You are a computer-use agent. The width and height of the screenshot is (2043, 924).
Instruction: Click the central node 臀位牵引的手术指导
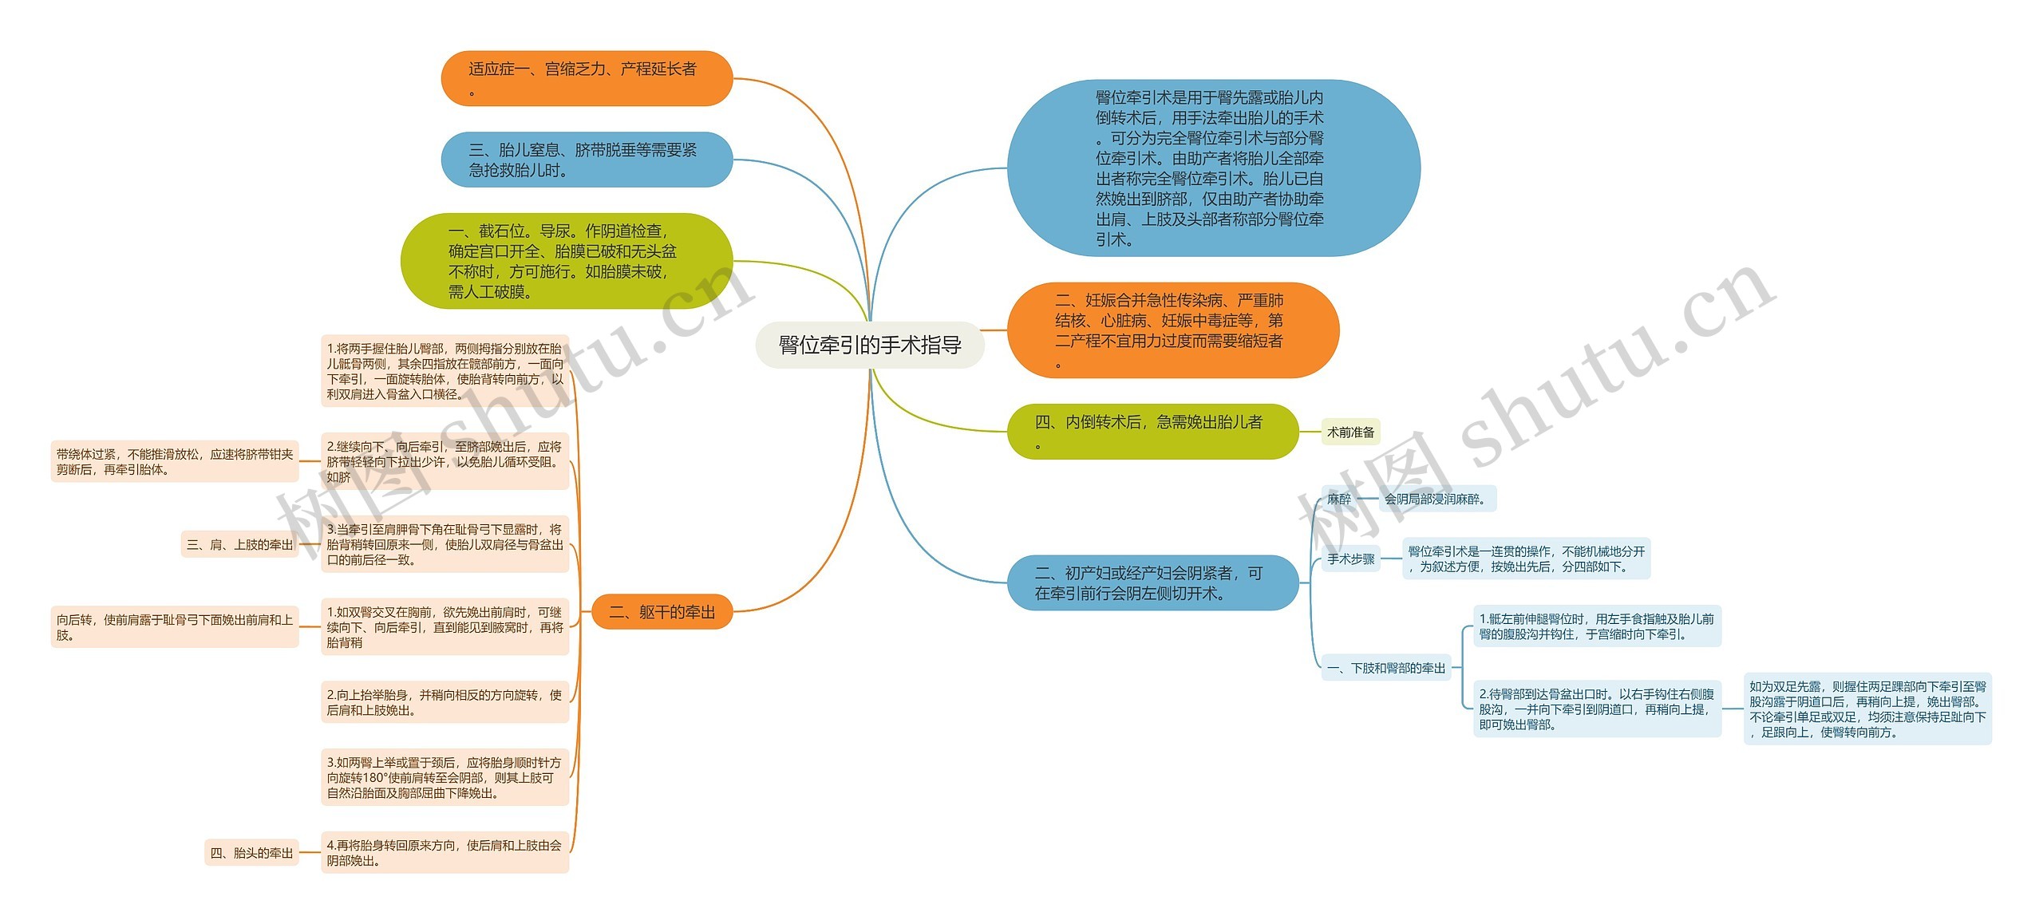[x=870, y=346]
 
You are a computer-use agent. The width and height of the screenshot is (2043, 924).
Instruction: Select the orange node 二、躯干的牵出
[x=662, y=612]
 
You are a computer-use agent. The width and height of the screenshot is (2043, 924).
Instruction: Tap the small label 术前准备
[x=1350, y=432]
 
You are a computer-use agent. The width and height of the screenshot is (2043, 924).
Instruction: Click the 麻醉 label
[x=1339, y=499]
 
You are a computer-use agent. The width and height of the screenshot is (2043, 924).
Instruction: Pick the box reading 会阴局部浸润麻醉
[x=1436, y=499]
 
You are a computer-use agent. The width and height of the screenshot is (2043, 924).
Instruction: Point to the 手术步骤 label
[x=1350, y=559]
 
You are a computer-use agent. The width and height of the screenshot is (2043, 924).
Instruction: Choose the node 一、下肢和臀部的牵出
[x=1386, y=668]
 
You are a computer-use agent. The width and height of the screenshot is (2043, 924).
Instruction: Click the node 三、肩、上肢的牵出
[x=239, y=544]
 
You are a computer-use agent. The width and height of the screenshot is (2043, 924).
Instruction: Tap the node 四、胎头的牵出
[x=251, y=853]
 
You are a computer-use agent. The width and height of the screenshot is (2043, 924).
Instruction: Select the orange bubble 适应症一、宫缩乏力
[x=587, y=78]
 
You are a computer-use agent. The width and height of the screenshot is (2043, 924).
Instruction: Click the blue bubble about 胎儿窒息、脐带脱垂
[x=587, y=160]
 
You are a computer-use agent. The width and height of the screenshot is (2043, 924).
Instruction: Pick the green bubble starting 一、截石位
[x=566, y=261]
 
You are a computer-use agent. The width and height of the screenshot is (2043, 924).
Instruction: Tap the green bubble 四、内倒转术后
[x=1152, y=432]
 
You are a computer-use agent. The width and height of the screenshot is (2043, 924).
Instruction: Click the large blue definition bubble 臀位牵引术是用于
[x=1213, y=168]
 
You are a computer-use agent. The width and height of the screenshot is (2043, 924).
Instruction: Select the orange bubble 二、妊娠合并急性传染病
[x=1172, y=330]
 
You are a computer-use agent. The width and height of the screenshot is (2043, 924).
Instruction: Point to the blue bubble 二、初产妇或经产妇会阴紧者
[x=1152, y=583]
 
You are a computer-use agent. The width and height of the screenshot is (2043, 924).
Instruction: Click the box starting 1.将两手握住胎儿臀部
[x=445, y=371]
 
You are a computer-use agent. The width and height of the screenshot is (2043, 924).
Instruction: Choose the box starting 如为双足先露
[x=1867, y=709]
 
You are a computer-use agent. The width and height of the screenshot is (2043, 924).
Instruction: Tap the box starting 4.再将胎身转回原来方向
[x=445, y=853]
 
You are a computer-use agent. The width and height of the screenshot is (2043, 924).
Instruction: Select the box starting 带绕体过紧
[x=175, y=461]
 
